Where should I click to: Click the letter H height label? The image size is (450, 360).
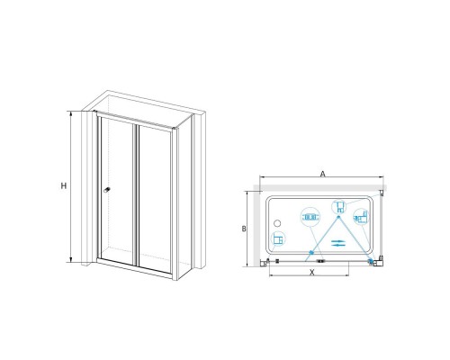[64, 186]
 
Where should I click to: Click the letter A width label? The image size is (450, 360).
[322, 174]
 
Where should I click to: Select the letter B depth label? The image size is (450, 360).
[244, 229]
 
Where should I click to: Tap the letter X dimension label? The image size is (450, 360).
[312, 273]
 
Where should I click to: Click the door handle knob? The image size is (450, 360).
[106, 190]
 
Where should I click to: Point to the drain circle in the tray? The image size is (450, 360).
[277, 223]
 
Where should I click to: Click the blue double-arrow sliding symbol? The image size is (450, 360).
[338, 243]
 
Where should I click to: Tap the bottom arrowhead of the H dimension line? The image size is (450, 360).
[71, 260]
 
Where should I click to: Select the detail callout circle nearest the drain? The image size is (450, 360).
[278, 239]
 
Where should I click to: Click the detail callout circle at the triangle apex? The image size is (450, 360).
[339, 207]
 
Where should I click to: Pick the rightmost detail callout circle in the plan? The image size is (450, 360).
[361, 217]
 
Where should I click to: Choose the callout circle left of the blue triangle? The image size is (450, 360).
[310, 217]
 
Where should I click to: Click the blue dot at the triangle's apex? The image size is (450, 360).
[339, 217]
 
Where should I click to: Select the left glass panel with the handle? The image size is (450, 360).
[117, 191]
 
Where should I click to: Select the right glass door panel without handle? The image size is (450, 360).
[155, 199]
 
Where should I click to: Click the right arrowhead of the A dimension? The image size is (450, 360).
[382, 177]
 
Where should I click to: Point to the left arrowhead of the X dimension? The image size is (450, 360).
[272, 275]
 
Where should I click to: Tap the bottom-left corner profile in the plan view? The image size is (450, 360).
[264, 263]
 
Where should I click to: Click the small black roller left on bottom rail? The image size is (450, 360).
[277, 261]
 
